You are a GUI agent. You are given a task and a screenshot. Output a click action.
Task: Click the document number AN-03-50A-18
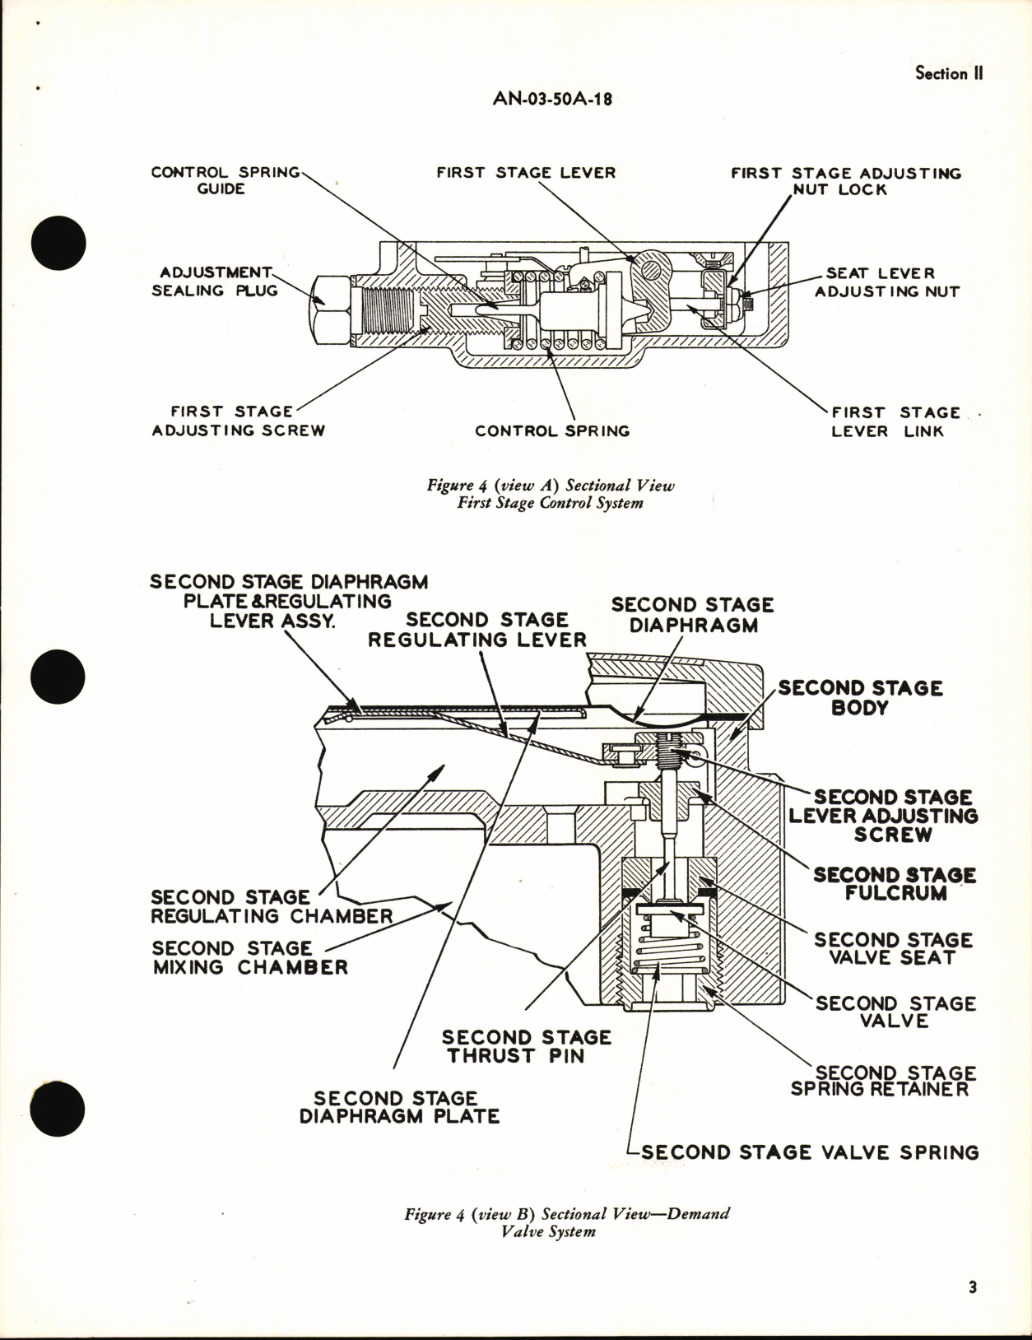(552, 99)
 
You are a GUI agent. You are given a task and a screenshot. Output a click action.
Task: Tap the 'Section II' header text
(949, 73)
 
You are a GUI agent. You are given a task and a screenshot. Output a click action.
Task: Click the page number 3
(972, 1288)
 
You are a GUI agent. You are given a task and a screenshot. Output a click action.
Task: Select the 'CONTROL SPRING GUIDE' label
(225, 180)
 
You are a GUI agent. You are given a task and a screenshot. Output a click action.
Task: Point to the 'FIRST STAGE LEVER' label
(526, 173)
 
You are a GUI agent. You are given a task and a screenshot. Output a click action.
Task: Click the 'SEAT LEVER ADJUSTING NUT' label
(886, 282)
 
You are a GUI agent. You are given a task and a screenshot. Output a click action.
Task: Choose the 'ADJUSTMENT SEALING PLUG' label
(215, 281)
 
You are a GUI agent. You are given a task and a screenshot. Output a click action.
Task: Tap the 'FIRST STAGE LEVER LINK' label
(895, 421)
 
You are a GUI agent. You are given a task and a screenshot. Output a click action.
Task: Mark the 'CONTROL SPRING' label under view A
(551, 430)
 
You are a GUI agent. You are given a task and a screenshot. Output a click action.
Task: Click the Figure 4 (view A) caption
(550, 494)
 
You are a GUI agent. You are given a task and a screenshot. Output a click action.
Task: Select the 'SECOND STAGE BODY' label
(860, 697)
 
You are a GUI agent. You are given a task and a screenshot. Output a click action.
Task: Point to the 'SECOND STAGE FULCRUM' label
(895, 883)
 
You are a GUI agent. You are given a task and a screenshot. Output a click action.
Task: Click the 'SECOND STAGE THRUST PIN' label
(526, 1046)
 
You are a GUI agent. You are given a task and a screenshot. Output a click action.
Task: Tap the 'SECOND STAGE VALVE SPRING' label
(810, 1152)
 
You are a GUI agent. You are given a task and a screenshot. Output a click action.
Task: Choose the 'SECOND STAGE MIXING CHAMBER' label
(250, 957)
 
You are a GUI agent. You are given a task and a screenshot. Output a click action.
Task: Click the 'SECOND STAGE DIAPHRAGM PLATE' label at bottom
(399, 1107)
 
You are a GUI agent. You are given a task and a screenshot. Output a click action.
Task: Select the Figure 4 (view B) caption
(566, 1222)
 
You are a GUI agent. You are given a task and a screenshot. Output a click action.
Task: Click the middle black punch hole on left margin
(58, 677)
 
